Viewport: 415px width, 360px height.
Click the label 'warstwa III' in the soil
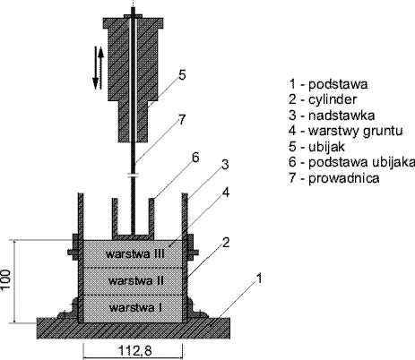(135, 254)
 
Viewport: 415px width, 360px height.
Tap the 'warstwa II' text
(136, 280)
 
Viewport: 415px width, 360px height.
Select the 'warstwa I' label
(136, 307)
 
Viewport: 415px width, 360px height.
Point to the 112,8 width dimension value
(135, 351)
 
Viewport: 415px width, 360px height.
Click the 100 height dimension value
(6, 279)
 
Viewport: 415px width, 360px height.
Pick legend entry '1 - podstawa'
(328, 84)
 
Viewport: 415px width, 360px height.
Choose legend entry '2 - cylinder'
(323, 99)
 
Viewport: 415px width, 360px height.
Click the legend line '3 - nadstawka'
(332, 116)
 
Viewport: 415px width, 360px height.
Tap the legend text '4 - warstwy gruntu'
(346, 131)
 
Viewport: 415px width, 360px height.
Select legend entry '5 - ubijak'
(316, 147)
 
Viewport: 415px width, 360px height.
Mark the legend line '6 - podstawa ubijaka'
(351, 162)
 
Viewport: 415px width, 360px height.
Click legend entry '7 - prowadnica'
(334, 178)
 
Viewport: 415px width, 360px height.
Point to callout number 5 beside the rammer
(182, 74)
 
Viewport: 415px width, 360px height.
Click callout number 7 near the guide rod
(182, 120)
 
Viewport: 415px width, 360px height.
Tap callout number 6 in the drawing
(195, 158)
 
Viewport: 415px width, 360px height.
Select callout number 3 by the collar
(225, 165)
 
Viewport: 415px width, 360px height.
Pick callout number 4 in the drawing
(226, 193)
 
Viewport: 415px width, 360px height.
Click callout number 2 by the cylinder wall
(226, 243)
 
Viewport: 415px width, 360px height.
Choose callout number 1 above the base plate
(259, 278)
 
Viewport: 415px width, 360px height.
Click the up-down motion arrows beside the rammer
(99, 68)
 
